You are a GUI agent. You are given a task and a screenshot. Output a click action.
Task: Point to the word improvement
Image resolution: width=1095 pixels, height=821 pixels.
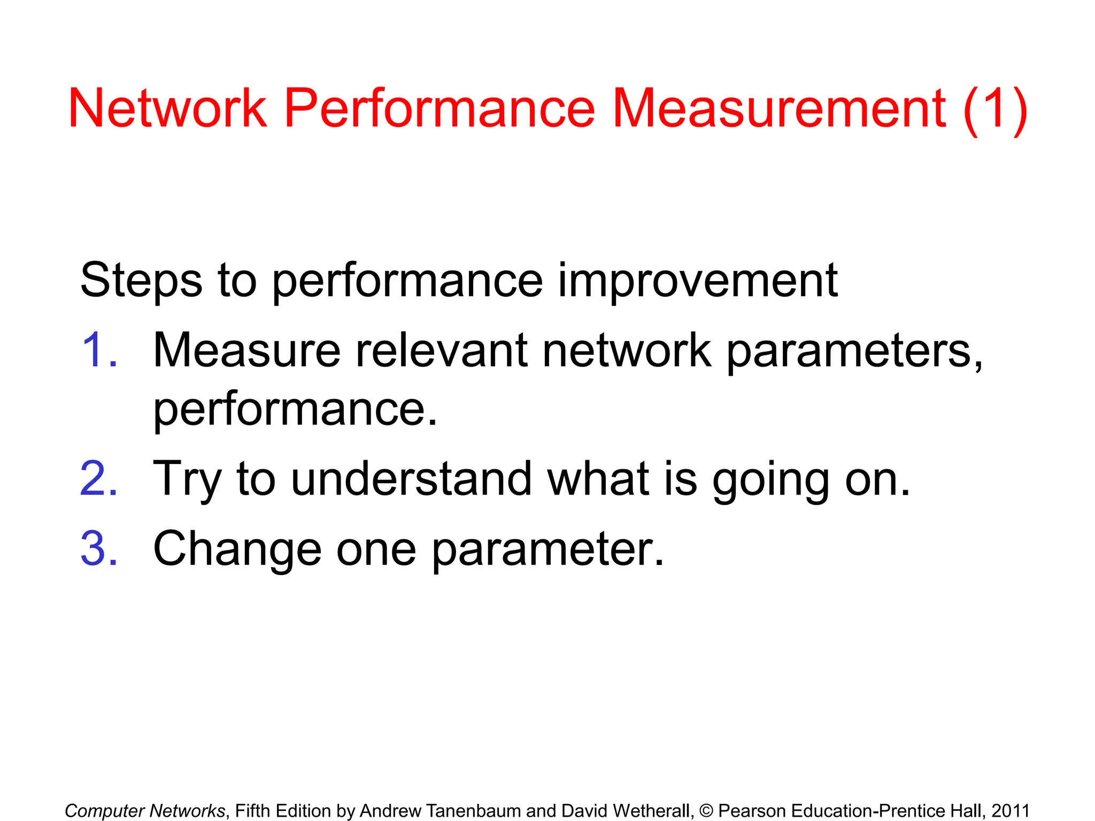pos(697,281)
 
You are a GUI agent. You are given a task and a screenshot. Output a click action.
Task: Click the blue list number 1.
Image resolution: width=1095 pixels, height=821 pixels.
pos(99,351)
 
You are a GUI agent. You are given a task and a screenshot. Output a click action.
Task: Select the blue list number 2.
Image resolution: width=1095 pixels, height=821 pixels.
pos(99,479)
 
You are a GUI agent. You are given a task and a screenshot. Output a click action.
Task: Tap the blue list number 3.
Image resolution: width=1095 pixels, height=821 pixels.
pos(99,548)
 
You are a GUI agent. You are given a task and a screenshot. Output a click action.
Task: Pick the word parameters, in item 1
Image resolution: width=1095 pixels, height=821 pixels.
pos(854,353)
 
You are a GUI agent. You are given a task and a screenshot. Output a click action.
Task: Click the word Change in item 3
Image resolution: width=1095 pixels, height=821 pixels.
pos(237,549)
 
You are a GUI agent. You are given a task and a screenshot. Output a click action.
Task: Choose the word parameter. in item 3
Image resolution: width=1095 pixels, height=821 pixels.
pos(547,551)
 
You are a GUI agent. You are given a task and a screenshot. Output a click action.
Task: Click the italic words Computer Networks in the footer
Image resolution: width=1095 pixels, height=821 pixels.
pos(145,811)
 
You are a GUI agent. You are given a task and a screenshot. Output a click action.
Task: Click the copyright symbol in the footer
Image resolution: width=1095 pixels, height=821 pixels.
pos(706,811)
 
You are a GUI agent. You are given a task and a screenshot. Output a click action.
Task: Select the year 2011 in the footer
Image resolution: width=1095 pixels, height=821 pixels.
pos(1010,811)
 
